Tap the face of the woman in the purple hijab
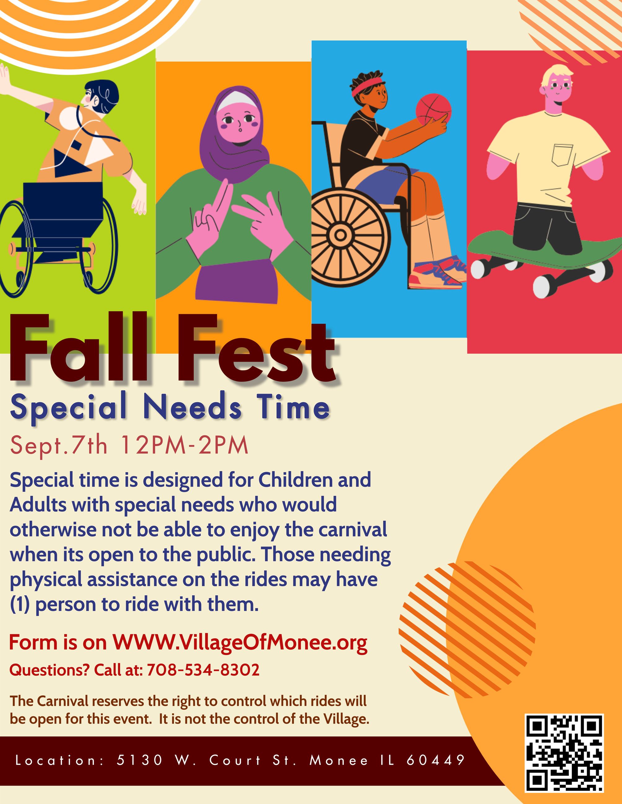[239, 124]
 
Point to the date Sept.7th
[59, 445]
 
